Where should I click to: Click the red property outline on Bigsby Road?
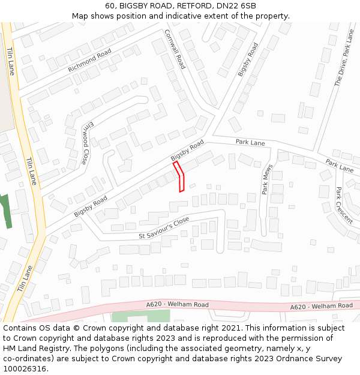(x=179, y=176)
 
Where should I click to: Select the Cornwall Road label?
(x=175, y=49)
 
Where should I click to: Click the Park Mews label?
(x=267, y=179)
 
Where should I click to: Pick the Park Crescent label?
(x=344, y=205)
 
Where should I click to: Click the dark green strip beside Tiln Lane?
(x=7, y=211)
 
